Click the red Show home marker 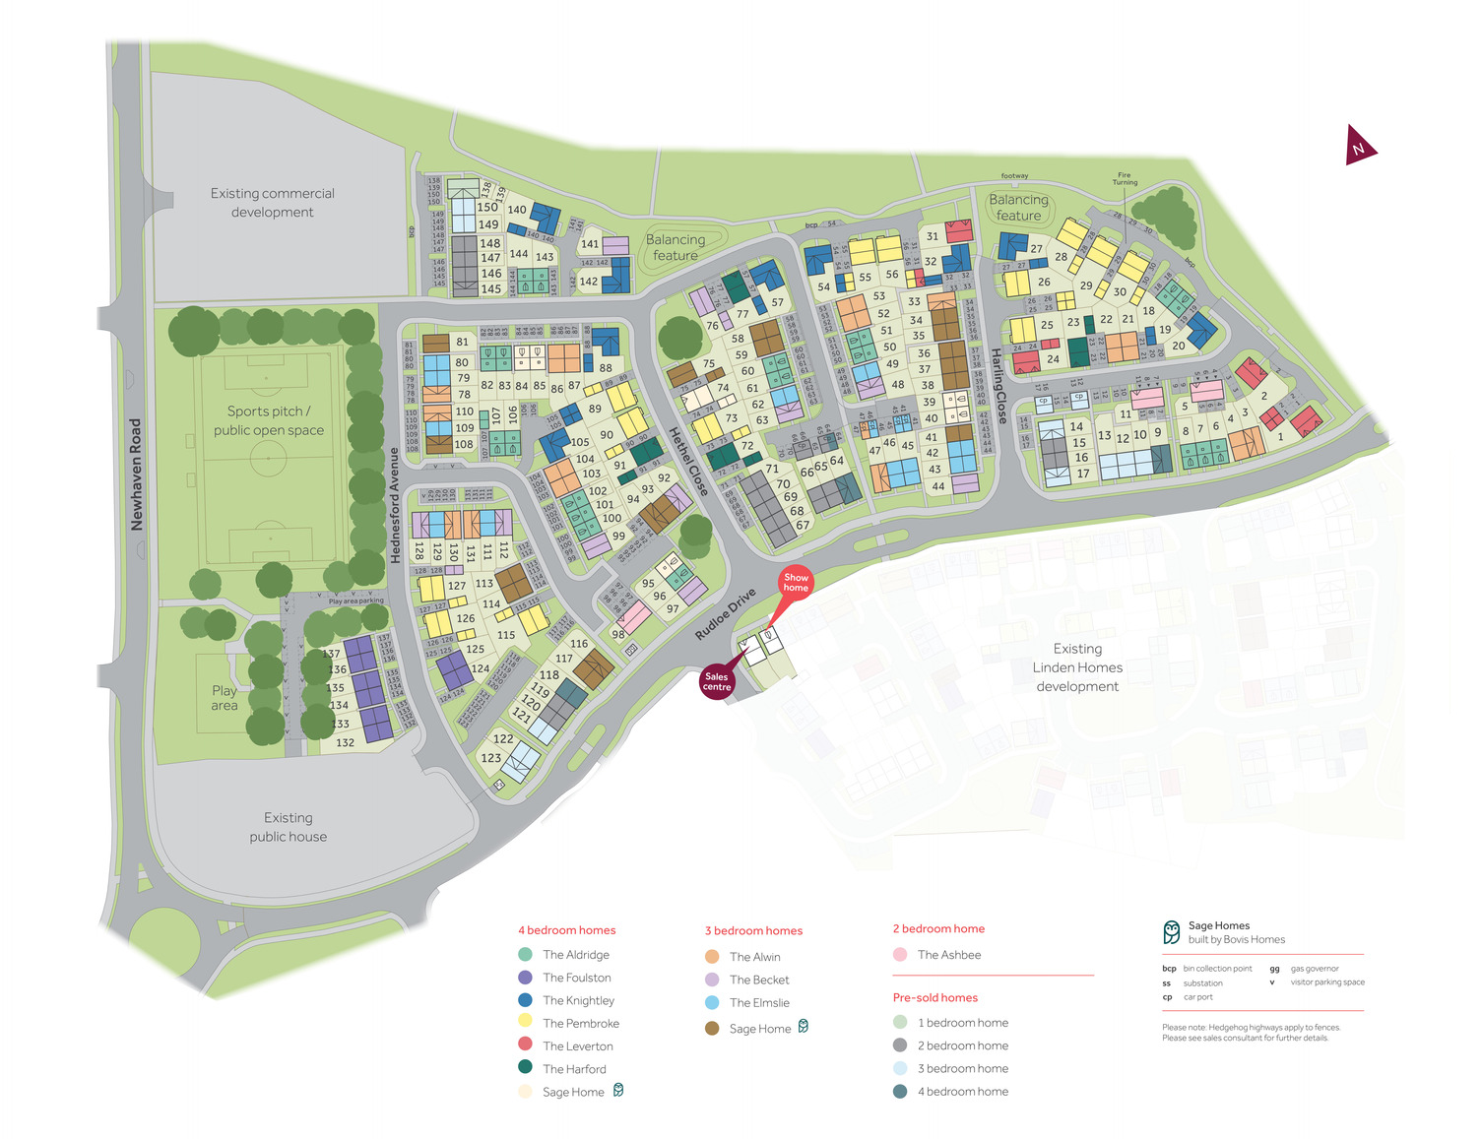click(x=796, y=582)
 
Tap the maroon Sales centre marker click(x=717, y=681)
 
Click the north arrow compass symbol click(x=1360, y=147)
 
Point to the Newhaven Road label click(x=137, y=475)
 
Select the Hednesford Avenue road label click(x=395, y=505)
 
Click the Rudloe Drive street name click(x=726, y=614)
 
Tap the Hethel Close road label click(x=688, y=461)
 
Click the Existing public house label click(x=288, y=827)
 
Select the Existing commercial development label click(x=272, y=203)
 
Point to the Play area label click(x=225, y=698)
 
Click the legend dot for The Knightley click(x=525, y=1000)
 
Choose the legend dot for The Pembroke click(x=525, y=1023)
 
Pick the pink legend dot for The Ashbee click(x=900, y=955)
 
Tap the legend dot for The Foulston click(x=525, y=978)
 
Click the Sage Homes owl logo click(x=1171, y=931)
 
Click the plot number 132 click(x=345, y=742)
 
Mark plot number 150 click(x=487, y=207)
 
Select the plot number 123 click(x=491, y=758)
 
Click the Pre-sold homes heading click(x=934, y=997)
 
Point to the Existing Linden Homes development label click(x=1077, y=667)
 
